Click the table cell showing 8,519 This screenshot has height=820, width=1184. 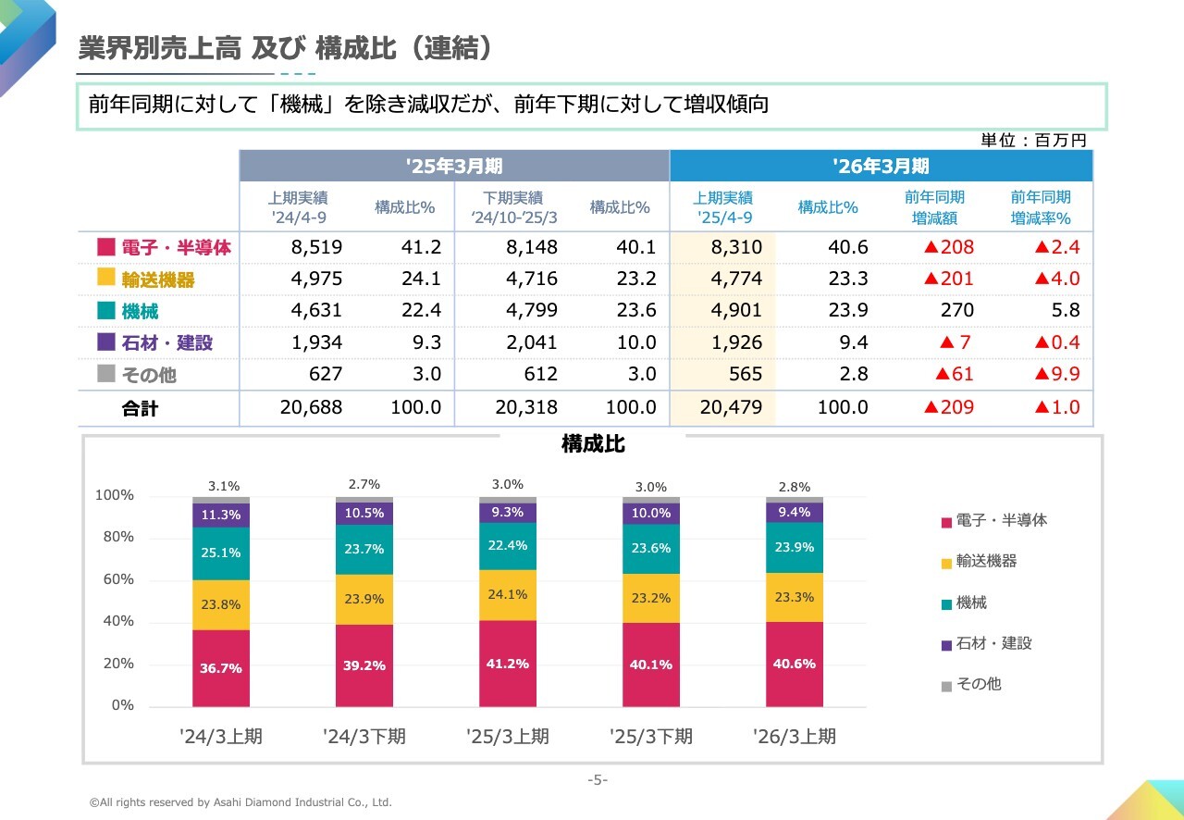(317, 247)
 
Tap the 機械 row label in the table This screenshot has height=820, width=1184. (140, 311)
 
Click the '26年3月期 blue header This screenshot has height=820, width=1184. (881, 167)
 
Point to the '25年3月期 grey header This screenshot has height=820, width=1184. (454, 167)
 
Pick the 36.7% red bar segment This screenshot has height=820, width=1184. (221, 667)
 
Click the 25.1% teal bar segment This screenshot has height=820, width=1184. (221, 553)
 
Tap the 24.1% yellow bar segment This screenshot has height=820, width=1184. (507, 594)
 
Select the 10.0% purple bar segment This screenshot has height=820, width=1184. (650, 513)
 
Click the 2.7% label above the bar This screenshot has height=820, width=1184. (364, 484)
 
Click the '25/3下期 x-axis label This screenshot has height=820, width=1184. (650, 737)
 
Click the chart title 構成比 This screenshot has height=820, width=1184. (593, 444)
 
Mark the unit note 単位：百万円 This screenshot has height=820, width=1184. (1033, 141)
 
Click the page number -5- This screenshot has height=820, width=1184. (598, 780)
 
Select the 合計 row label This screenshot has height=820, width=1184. (140, 408)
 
